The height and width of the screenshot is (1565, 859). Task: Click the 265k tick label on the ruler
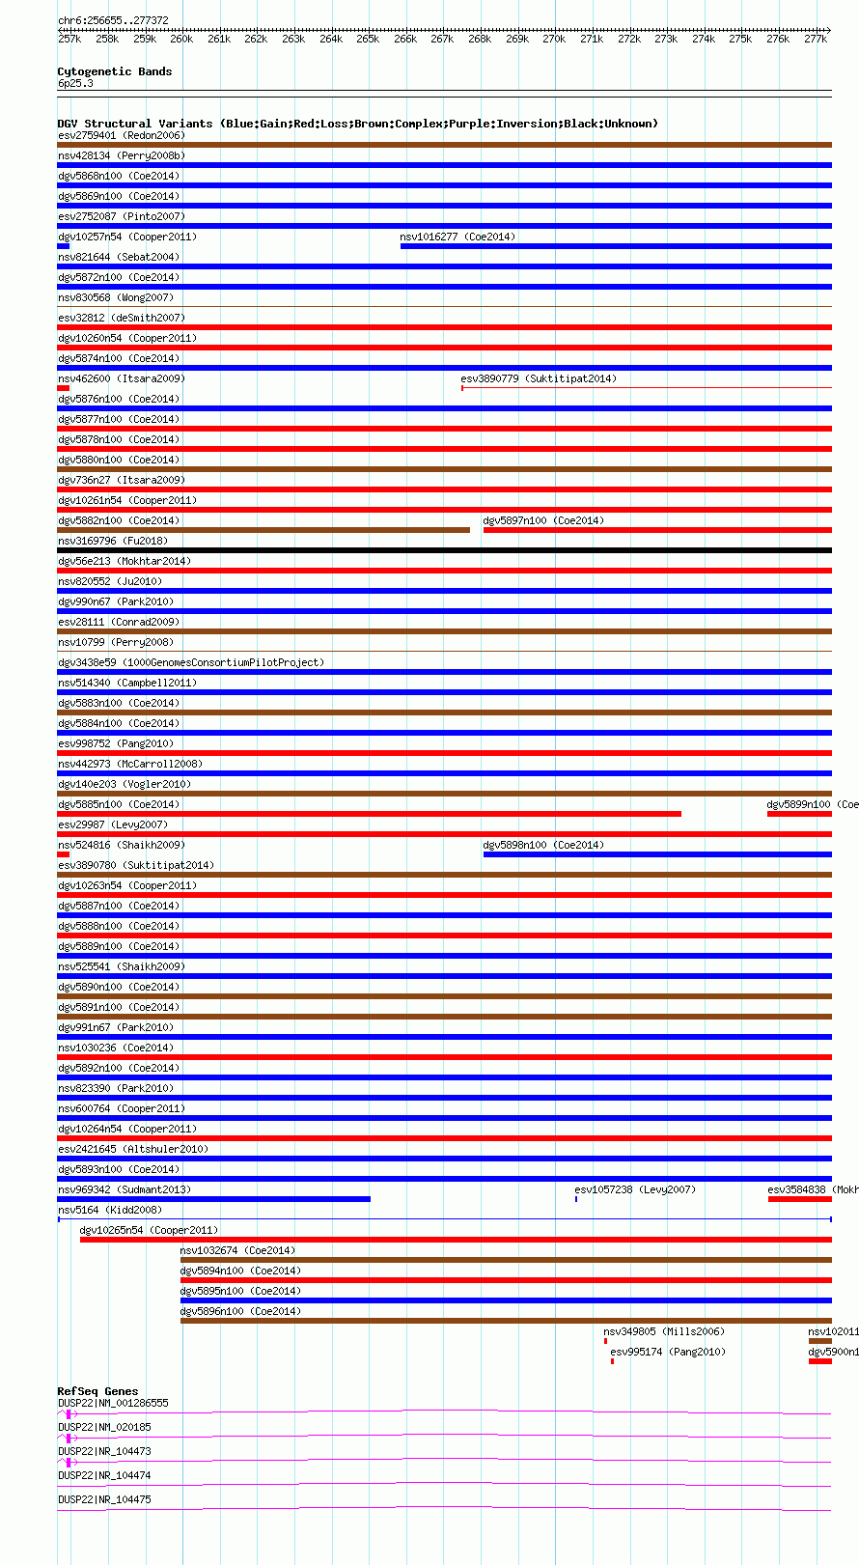point(368,40)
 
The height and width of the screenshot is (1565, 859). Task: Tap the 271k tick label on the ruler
point(592,40)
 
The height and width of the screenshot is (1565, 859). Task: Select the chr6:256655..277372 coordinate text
point(113,20)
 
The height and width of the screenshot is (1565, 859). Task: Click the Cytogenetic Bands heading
point(114,71)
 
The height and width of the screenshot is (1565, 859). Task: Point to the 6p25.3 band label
point(75,84)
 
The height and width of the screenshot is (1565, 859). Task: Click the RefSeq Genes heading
point(97,1391)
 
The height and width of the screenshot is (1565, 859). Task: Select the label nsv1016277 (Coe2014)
point(457,237)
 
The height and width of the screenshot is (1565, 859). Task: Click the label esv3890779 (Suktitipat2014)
point(539,378)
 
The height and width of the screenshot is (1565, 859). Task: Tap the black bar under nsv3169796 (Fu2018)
point(444,550)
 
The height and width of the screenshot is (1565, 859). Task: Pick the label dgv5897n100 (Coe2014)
point(543,520)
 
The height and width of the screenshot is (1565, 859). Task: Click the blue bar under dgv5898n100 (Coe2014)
point(656,854)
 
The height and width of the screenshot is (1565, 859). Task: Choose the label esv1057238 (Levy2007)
point(635,1189)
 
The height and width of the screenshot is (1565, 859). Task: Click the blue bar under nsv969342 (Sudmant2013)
point(213,1199)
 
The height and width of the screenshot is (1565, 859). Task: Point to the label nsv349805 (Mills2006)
point(664,1331)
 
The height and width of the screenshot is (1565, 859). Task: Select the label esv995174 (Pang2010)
point(668,1352)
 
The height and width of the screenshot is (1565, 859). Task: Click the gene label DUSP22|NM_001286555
point(113,1403)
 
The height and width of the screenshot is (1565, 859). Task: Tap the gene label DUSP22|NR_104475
point(104,1499)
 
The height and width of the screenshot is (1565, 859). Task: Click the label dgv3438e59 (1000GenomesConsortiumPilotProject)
point(191,662)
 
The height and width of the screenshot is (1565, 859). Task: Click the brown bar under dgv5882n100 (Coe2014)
point(263,530)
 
